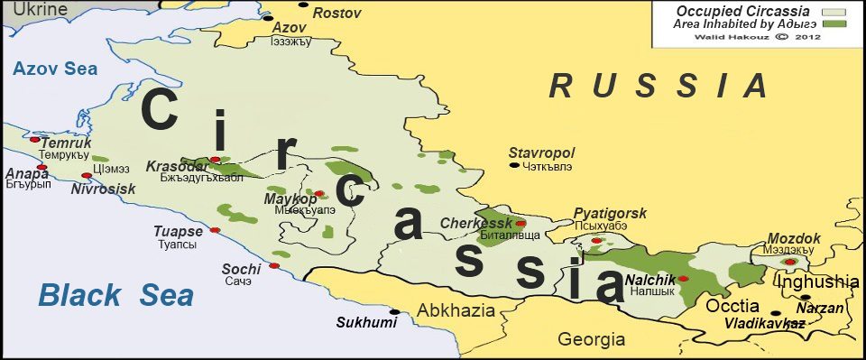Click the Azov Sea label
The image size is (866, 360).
pos(54,69)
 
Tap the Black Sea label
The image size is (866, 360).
pos(116,295)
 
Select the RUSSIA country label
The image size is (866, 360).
pos(659,87)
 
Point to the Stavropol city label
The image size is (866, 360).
pos(541,152)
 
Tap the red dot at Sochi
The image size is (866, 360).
pos(273,265)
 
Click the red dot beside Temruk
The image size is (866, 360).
pos(34,139)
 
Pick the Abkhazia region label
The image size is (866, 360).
pos(456,311)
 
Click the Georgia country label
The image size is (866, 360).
pos(591,340)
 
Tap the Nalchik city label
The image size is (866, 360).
pos(650,280)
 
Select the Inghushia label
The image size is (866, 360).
pos(818,282)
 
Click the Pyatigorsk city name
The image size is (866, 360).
pos(611,214)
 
